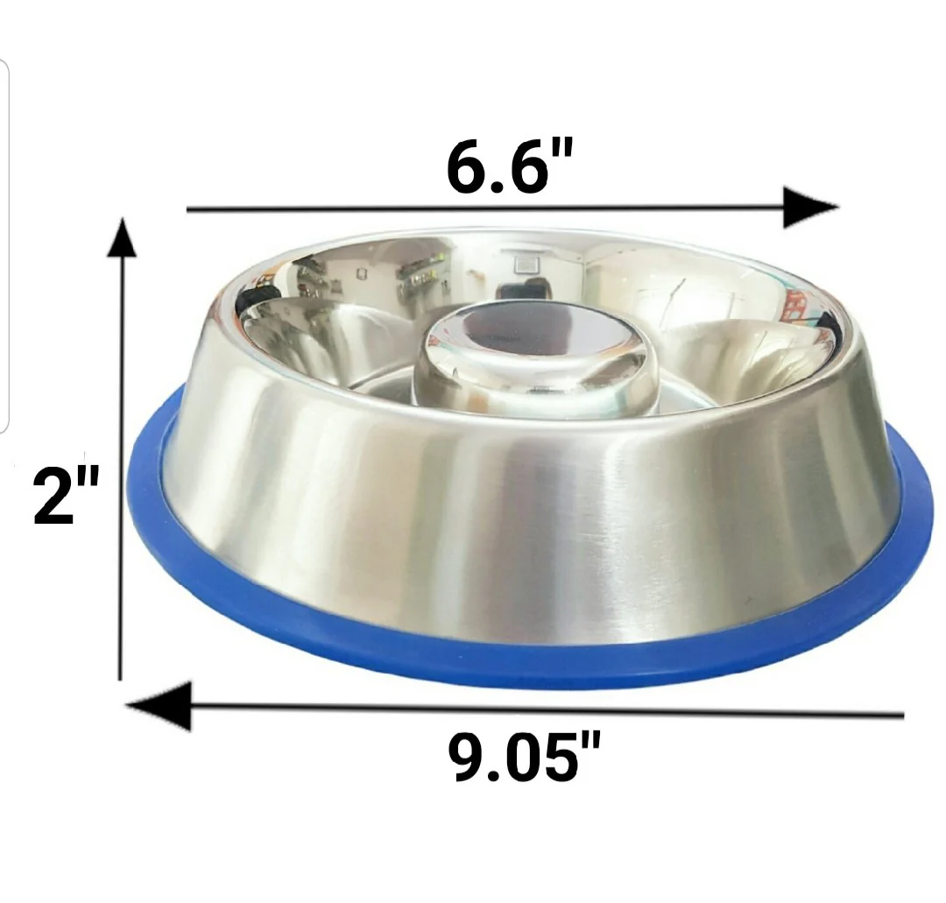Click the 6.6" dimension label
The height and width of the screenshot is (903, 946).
point(509,167)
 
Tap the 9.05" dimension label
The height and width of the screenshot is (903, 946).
point(525,756)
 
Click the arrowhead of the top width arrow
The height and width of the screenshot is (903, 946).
point(811,208)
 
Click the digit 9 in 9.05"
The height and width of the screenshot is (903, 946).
point(467,757)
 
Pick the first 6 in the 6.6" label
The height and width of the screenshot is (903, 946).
point(465,168)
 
